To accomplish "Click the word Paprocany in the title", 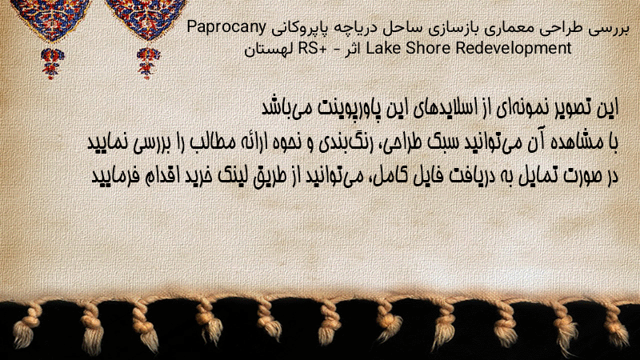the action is (x=226, y=28).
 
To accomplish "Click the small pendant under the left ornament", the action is (x=52, y=63).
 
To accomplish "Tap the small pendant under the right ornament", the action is (x=148, y=63).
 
